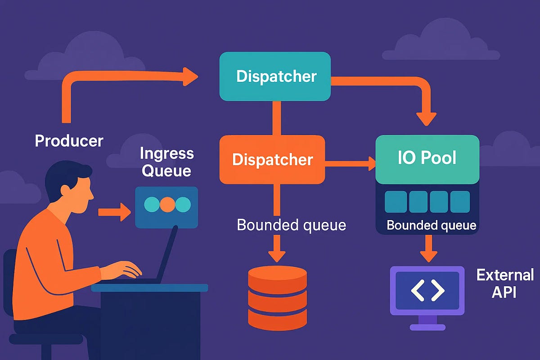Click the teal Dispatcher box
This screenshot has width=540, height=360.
click(275, 76)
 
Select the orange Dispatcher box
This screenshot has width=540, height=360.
click(272, 160)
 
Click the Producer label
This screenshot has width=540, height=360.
click(69, 141)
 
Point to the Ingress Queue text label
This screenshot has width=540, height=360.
click(166, 162)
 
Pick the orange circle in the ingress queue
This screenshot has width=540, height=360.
click(167, 204)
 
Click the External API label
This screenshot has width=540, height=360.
click(504, 283)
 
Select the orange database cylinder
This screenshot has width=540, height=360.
click(277, 297)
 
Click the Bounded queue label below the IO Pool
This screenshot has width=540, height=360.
click(431, 225)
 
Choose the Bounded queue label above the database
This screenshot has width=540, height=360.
click(291, 225)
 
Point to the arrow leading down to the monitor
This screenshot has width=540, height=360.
click(427, 250)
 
